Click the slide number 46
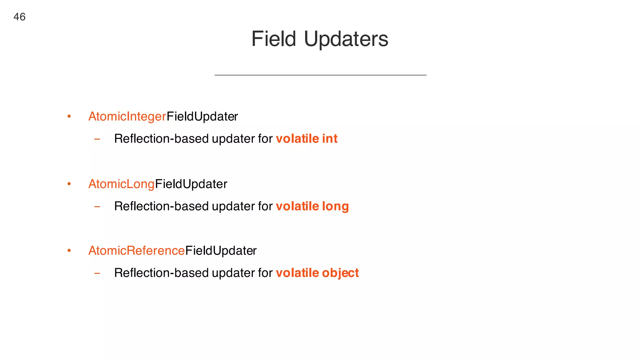tap(19, 17)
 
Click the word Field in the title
tap(273, 39)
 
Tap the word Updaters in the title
tap(346, 39)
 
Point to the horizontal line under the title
tap(320, 75)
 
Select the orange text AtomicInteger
tap(127, 117)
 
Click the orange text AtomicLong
tap(122, 184)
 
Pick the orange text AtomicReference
tap(137, 251)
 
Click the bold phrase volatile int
tap(307, 139)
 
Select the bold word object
tap(340, 273)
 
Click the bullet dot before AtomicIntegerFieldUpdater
tap(69, 117)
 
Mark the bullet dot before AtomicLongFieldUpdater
tap(69, 184)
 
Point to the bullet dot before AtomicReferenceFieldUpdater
tap(69, 251)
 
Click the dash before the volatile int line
tap(97, 139)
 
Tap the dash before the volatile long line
tap(97, 207)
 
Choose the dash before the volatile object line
tap(97, 273)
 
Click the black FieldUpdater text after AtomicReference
tap(221, 251)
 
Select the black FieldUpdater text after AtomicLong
tap(191, 184)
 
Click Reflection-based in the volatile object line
tap(161, 273)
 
